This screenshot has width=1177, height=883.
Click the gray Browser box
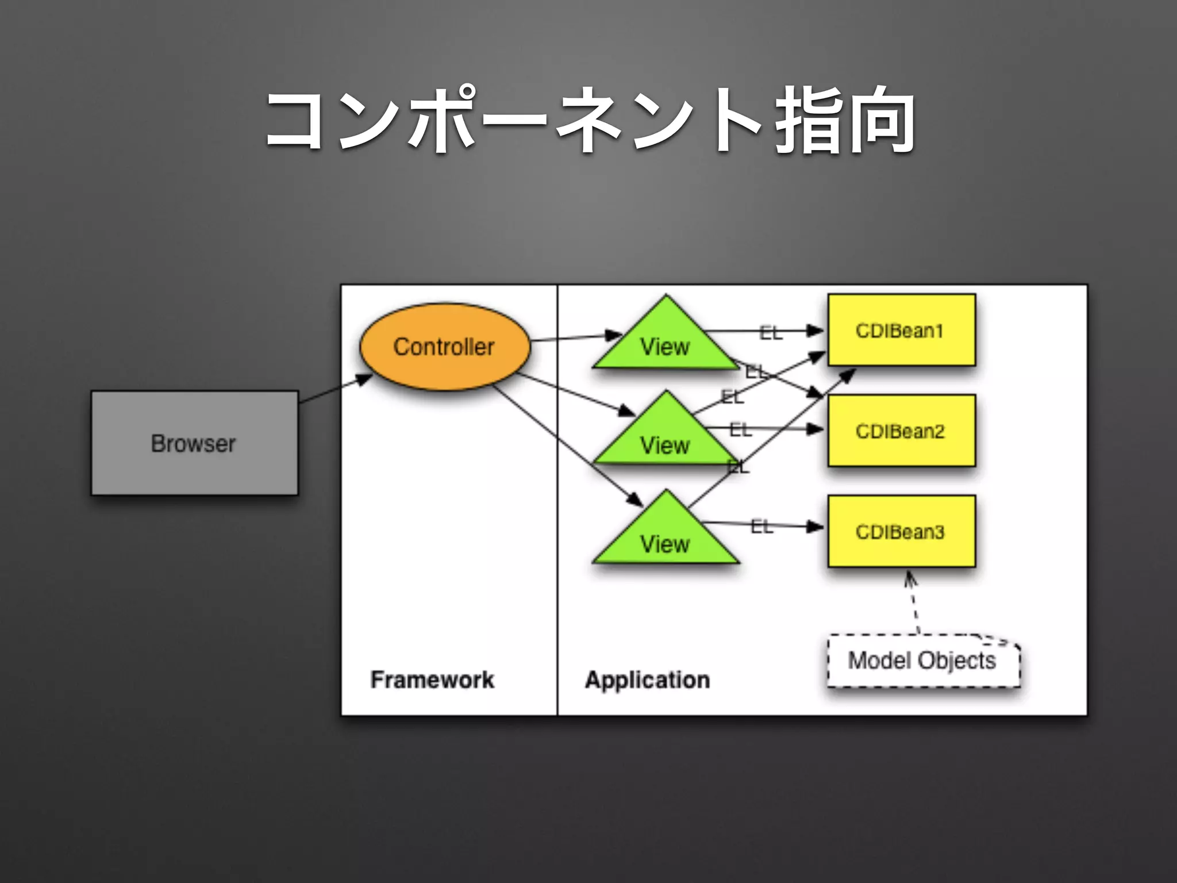point(194,443)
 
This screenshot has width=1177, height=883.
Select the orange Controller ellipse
point(444,347)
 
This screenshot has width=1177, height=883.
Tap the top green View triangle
point(665,342)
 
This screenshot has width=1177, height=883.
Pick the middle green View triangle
point(665,440)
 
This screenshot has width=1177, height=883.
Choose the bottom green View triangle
point(665,539)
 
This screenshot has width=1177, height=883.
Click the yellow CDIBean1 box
point(901,330)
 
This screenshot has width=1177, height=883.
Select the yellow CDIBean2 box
point(901,431)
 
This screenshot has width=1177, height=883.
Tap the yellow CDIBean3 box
point(901,531)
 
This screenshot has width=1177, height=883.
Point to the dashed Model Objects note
point(922,661)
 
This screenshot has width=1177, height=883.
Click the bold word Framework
point(432,679)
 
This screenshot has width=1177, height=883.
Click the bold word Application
point(647,679)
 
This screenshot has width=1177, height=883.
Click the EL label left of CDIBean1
point(771,332)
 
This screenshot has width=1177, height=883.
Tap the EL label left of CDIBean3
point(761,525)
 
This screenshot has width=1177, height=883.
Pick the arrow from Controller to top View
point(575,337)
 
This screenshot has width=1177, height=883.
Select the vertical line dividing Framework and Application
point(557,500)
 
